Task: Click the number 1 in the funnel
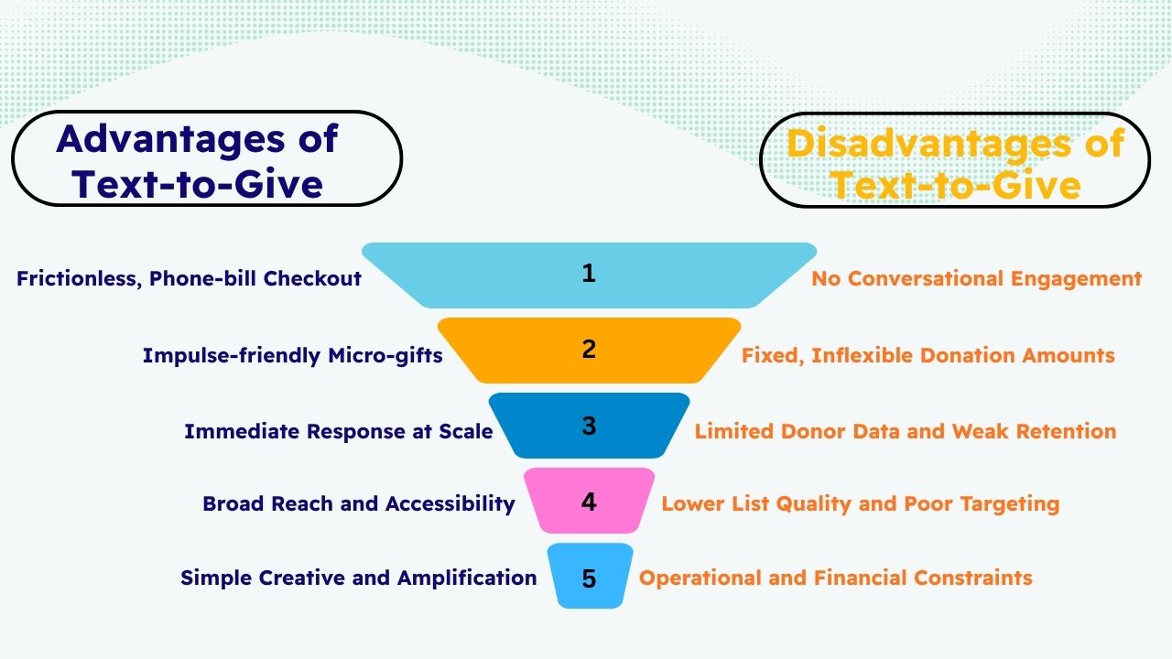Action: point(589,273)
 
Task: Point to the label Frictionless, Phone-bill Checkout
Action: point(190,278)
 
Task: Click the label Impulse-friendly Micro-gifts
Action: point(292,355)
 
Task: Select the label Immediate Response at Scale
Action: point(338,430)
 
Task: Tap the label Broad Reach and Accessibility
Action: point(358,503)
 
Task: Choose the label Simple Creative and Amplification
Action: point(358,578)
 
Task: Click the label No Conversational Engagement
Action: point(976,278)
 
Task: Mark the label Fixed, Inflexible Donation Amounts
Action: point(928,354)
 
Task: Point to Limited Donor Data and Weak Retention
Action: point(905,430)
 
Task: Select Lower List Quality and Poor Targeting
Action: point(860,503)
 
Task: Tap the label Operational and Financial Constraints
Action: point(835,578)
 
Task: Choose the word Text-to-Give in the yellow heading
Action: point(955,185)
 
